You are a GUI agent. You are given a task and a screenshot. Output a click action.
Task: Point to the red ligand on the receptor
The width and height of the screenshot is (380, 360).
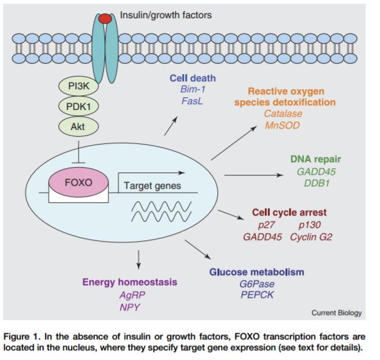point(106,18)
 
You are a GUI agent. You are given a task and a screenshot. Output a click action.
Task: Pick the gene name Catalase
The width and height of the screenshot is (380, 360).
point(283,114)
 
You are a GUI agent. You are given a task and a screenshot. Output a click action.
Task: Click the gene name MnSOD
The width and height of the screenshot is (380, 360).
point(282,125)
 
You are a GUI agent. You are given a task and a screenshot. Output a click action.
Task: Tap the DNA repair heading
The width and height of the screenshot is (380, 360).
point(316,159)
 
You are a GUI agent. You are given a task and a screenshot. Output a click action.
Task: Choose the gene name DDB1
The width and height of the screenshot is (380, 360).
point(316,183)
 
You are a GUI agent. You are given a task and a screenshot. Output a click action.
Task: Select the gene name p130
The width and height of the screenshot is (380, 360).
point(312,225)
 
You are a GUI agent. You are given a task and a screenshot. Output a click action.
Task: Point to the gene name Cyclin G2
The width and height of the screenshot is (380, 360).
point(311,236)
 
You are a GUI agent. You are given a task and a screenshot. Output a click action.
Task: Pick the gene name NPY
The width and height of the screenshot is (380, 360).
point(131,307)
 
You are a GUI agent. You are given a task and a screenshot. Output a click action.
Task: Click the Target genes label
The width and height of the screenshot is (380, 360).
point(152,186)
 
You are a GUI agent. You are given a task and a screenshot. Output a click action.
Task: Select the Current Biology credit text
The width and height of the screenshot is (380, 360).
point(336,313)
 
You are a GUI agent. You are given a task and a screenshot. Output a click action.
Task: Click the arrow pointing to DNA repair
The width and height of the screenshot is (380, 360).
point(253,175)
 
